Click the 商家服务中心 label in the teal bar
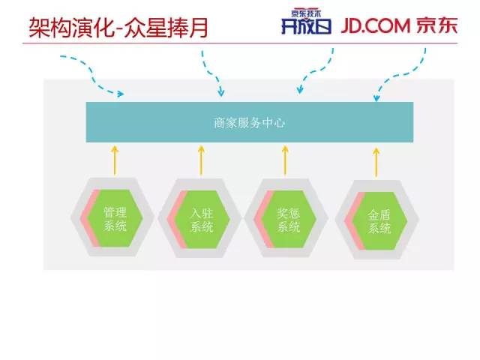point(250,123)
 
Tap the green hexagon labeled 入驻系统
point(202,218)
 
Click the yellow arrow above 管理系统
point(115,160)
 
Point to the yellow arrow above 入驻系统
point(201,160)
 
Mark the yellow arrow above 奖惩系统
point(285,160)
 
